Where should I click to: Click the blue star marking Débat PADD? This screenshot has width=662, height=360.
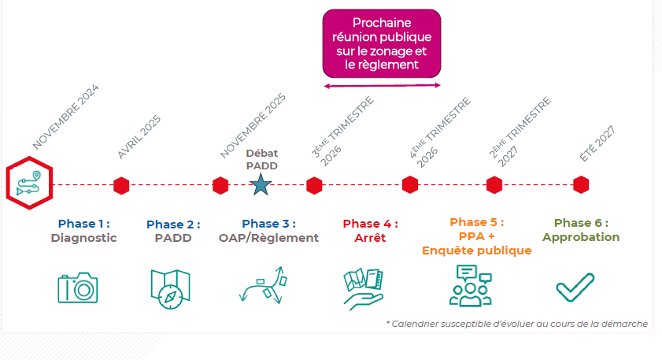[x=260, y=185]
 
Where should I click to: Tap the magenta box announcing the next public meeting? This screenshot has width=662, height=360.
[x=382, y=43]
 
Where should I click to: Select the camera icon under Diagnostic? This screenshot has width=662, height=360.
[x=78, y=287]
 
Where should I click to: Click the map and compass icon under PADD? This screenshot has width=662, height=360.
[x=170, y=287]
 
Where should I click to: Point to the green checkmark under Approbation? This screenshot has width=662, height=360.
[x=575, y=287]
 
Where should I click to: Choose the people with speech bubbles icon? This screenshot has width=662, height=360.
[x=470, y=284]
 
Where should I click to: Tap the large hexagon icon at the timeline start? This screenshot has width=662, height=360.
[x=30, y=183]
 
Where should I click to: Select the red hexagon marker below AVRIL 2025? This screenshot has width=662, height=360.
[x=120, y=185]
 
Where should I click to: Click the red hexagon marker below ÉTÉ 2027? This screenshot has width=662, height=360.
[x=581, y=184]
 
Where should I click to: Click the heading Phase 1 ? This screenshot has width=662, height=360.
[x=83, y=223]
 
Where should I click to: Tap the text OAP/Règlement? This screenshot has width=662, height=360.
[x=268, y=237]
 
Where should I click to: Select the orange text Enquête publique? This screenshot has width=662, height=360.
[x=476, y=251]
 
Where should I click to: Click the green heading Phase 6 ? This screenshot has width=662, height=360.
[x=581, y=223]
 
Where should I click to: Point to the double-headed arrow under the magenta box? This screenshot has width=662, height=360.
[x=382, y=85]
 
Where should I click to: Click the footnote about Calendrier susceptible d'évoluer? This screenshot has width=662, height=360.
[x=516, y=324]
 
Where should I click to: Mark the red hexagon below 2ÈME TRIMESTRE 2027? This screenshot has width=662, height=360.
[x=494, y=185]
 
